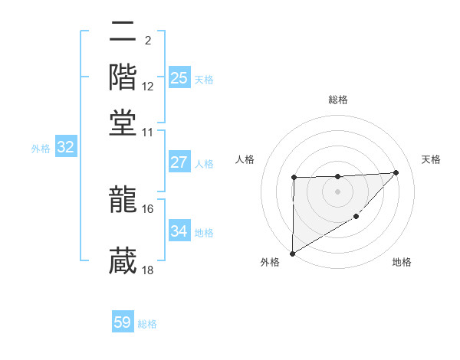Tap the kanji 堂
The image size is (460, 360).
[123, 122]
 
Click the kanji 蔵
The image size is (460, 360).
[123, 261]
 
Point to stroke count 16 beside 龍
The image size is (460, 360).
[148, 208]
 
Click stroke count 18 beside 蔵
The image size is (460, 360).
[148, 270]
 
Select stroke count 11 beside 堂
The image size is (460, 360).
[148, 131]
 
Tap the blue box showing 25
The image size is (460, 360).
[179, 78]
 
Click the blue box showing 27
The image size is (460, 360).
[179, 162]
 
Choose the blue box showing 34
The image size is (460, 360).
[179, 231]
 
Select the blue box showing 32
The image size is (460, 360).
[65, 148]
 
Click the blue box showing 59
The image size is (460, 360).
[123, 323]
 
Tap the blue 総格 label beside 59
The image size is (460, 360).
[147, 324]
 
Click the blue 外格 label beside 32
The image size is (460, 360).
[41, 149]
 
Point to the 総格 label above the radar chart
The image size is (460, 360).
[338, 100]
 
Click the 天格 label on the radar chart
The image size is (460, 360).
[432, 159]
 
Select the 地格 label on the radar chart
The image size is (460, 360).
[402, 262]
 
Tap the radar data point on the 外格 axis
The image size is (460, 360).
[293, 254]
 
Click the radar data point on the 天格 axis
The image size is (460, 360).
[396, 172]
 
